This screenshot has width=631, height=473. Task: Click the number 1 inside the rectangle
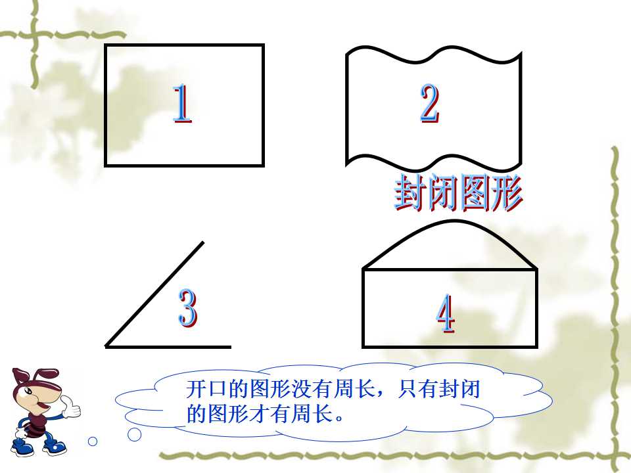[182, 103]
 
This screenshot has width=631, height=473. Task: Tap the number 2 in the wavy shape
[429, 103]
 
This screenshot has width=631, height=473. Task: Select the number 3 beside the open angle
[187, 308]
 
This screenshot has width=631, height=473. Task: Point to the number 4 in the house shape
[446, 314]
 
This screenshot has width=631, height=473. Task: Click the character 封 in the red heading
[410, 193]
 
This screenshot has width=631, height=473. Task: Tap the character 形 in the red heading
[507, 193]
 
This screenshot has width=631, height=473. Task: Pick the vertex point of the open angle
[106, 346]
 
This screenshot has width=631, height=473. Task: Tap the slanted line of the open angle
[154, 294]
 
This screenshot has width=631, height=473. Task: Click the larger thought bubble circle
[134, 434]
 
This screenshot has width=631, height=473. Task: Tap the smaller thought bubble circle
[93, 441]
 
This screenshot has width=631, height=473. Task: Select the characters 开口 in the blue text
[207, 389]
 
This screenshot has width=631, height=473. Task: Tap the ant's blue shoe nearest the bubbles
[55, 446]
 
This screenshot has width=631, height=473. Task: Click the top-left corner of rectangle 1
[105, 45]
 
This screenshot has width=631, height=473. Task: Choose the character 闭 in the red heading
[442, 193]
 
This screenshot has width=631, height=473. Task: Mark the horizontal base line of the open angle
[168, 346]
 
